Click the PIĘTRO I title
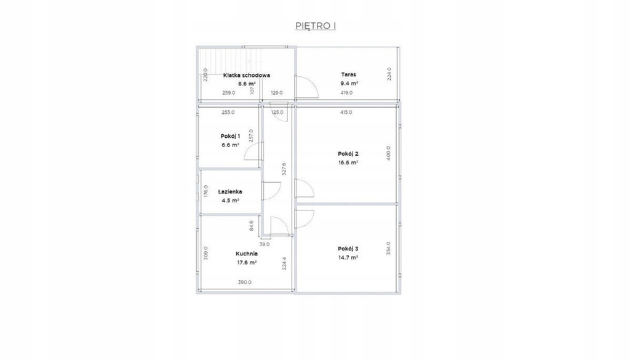coord(316,26)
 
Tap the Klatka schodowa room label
coord(247,75)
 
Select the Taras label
coord(348,74)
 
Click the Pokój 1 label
coord(230,136)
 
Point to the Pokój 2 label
coord(348,153)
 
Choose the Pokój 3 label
coord(348,249)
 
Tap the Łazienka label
coord(230,191)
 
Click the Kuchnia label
coord(247,254)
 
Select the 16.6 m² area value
coord(348,162)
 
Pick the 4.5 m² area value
coord(230,201)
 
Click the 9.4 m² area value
coord(349,84)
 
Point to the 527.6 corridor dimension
coord(284,169)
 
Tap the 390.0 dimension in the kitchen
coord(245,282)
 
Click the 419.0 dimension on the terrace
coord(346,93)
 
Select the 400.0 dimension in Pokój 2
coord(389,153)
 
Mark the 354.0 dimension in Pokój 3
coord(389,248)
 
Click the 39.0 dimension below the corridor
coord(265,244)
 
